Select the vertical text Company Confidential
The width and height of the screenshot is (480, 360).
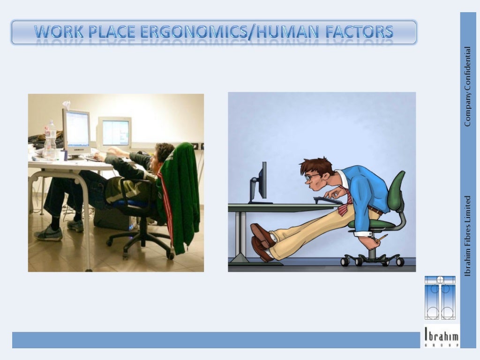[467, 87]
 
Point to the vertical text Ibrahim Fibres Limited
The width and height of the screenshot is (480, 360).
[467, 235]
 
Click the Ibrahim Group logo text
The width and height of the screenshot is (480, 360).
[441, 336]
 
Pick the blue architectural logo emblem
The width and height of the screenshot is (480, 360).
[440, 298]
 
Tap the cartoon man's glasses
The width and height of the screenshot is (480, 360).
[310, 177]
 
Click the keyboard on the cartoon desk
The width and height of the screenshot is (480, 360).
[328, 200]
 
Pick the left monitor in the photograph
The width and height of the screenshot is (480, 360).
[76, 130]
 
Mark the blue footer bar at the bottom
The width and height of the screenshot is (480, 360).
[216, 340]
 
